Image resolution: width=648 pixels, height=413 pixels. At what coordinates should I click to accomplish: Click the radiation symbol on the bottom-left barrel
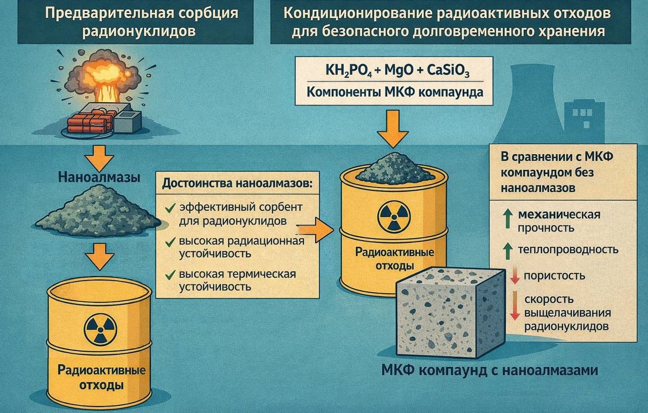99,330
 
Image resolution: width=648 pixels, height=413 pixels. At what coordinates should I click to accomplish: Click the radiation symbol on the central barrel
392,216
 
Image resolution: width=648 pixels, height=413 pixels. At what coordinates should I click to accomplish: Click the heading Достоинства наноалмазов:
237,183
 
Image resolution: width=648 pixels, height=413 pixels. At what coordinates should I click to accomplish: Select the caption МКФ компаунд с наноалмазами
490,371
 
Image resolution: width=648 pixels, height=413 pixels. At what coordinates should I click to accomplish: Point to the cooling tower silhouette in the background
531,101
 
